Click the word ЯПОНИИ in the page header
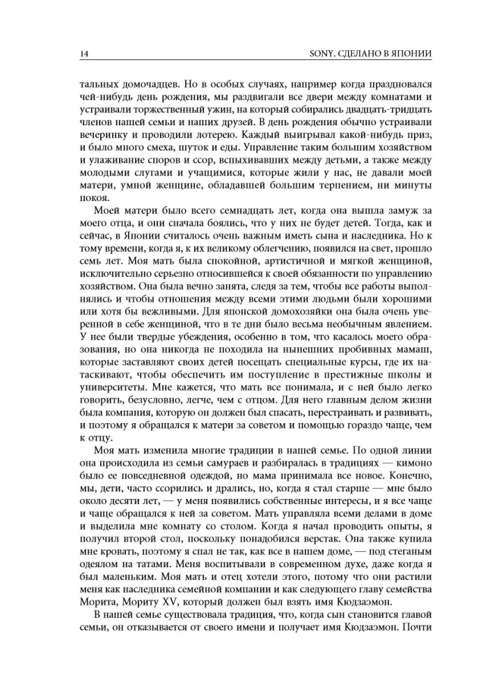[420, 53]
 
